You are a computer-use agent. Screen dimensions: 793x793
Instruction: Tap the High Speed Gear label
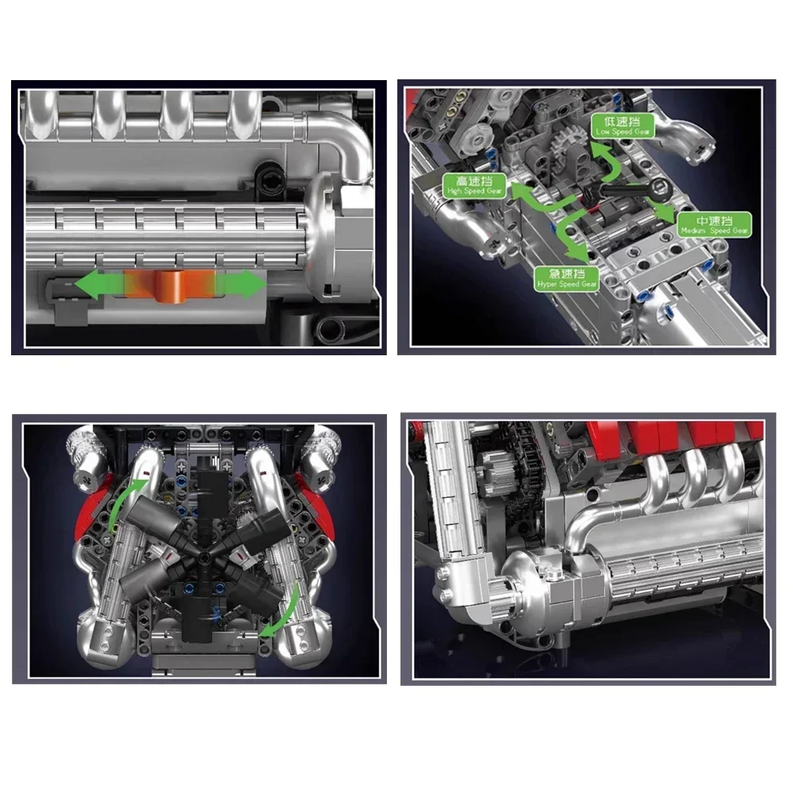[474, 186]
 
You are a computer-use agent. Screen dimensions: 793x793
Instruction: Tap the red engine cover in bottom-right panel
[682, 436]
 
